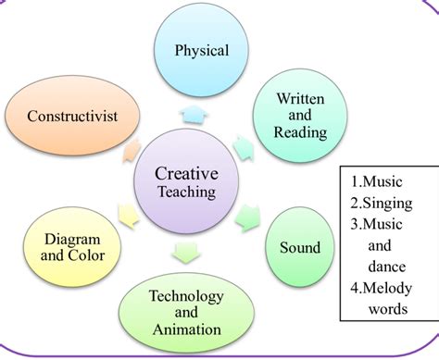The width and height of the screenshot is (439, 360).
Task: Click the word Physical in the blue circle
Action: point(202,51)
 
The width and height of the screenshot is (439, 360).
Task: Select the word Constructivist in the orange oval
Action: point(72,117)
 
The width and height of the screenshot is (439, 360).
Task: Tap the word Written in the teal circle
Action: point(300,99)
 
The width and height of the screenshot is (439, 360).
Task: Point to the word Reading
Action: point(300,132)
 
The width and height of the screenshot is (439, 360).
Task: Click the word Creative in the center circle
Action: point(187,173)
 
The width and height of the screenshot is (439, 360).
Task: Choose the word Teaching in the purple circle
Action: point(187,192)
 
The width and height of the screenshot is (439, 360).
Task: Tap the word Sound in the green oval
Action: point(300,247)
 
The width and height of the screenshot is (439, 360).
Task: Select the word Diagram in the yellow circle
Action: point(72,240)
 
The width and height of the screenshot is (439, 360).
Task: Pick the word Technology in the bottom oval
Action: point(186,296)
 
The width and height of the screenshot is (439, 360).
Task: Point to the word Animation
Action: point(187,329)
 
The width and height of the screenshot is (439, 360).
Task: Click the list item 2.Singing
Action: point(382,204)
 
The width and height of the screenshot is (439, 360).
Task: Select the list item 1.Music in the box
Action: point(377,181)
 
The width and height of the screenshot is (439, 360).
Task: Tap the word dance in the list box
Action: point(387,267)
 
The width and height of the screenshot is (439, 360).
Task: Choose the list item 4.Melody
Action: point(382,289)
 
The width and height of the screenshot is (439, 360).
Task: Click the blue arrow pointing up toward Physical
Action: point(194,115)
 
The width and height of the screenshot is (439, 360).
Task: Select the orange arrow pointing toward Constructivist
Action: point(132,151)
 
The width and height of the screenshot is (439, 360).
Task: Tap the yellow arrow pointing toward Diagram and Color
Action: point(129,217)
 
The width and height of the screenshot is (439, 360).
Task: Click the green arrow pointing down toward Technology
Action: point(185,253)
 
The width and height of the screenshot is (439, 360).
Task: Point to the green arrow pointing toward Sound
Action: point(248,218)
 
